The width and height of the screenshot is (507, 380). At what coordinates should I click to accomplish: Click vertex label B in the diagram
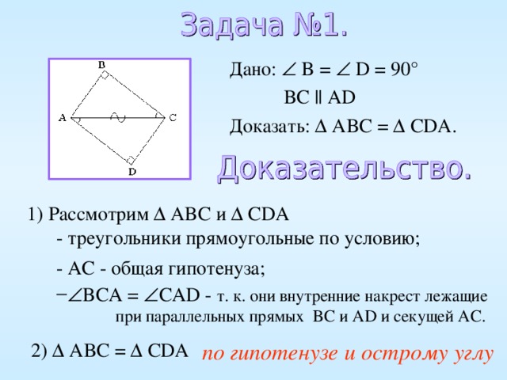coord(102,64)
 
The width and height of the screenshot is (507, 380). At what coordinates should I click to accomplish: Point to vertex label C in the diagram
coord(172,118)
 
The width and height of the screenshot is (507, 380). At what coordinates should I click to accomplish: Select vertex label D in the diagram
coord(132,170)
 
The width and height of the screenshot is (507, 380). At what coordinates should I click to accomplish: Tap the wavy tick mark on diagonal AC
coord(117,118)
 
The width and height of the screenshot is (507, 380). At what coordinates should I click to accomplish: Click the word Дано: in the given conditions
coord(252,71)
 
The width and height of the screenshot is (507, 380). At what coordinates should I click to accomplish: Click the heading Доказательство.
coord(345,168)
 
